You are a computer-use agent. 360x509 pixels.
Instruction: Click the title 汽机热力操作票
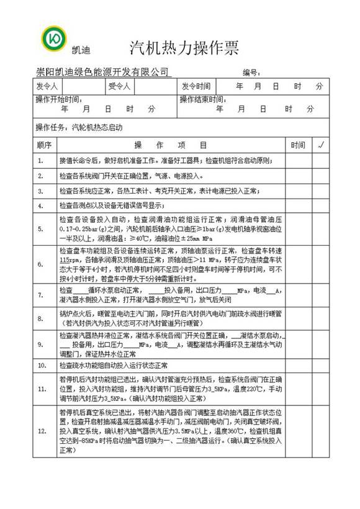pyautogui.click(x=184, y=48)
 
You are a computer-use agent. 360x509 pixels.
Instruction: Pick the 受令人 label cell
pyautogui.click(x=119, y=86)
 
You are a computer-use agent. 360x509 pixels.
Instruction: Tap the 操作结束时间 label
pyautogui.click(x=202, y=99)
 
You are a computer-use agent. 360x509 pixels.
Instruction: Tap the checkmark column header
pyautogui.click(x=321, y=145)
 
